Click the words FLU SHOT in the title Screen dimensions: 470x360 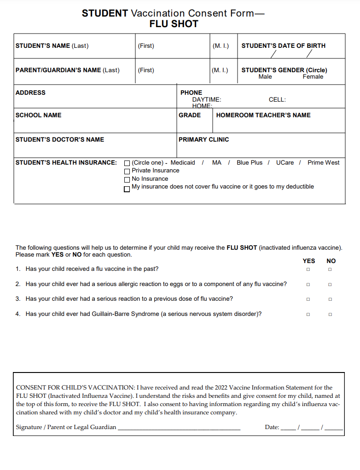174,24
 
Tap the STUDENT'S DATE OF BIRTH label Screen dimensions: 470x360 283,46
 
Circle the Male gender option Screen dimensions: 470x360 265,77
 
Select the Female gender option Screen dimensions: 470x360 313,77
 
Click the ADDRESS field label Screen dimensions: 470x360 30,92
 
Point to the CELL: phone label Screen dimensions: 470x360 277,99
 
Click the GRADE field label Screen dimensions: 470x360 190,115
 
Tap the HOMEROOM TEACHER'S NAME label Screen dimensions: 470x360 263,115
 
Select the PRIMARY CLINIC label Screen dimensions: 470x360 203,139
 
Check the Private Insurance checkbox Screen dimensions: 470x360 127,171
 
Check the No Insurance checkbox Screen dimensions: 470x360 127,179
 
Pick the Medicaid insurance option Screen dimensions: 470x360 183,162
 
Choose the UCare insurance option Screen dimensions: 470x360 285,162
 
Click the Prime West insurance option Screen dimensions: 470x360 324,162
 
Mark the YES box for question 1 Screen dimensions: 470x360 308,269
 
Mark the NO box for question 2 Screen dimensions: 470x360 330,285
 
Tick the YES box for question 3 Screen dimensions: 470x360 308,299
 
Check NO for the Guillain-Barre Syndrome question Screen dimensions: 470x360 330,315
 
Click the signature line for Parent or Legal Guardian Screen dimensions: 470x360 179,428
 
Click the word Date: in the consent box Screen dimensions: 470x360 272,427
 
